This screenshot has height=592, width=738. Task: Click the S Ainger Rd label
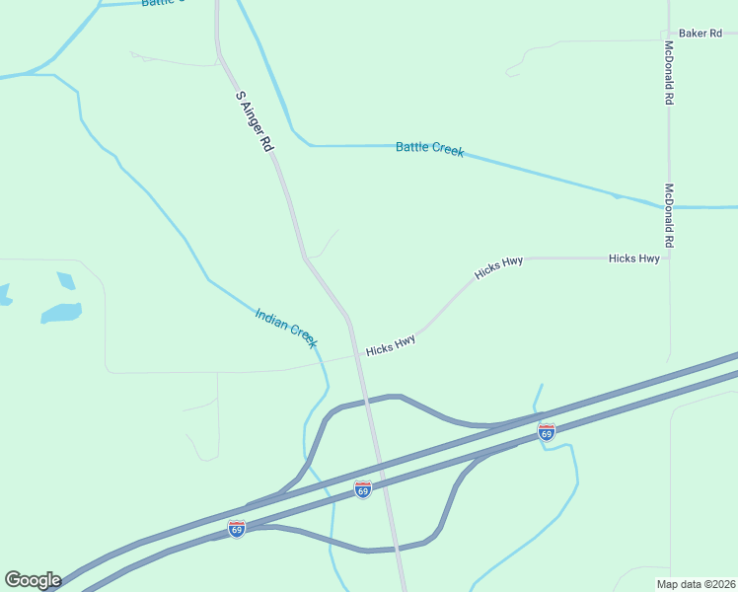254,121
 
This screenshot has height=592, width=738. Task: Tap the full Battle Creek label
429,148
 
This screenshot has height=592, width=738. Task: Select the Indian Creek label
286,328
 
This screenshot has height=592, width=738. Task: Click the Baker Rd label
701,34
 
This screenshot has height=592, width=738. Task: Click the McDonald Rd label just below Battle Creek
669,215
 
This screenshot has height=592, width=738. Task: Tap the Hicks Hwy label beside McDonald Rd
633,259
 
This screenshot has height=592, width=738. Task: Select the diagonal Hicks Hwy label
498,268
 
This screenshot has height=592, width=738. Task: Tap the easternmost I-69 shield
547,431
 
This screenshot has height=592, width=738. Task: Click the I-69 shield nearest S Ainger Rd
362,489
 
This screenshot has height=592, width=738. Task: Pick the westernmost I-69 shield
237,529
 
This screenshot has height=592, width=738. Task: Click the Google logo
33,580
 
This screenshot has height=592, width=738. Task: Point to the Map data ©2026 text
696,583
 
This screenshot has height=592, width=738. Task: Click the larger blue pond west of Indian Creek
60,313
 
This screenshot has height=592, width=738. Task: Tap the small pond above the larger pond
66,280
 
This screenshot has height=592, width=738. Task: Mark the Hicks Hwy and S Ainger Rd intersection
355,356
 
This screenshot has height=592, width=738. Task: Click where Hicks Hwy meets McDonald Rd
669,259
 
